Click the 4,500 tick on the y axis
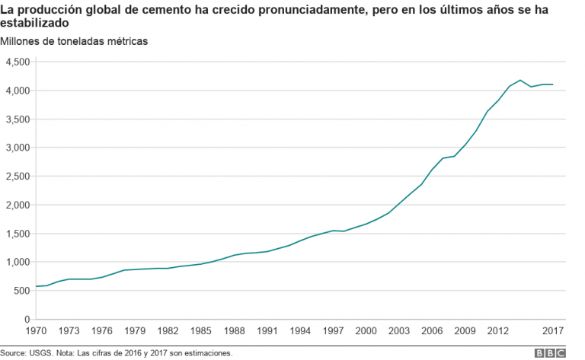pyautogui.click(x=17, y=62)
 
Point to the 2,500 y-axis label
pyautogui.click(x=17, y=177)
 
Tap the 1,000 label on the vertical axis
pyautogui.click(x=17, y=263)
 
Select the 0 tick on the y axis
pyautogui.click(x=27, y=320)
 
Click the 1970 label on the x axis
pyautogui.click(x=36, y=331)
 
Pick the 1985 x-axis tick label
pyautogui.click(x=202, y=331)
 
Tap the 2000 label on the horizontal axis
pyautogui.click(x=367, y=331)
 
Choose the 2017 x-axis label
pyautogui.click(x=554, y=331)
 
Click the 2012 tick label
pyautogui.click(x=499, y=331)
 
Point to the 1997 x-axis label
pyautogui.click(x=334, y=331)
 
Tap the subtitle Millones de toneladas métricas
pyautogui.click(x=75, y=41)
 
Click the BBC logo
pyautogui.click(x=550, y=353)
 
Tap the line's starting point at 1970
pyautogui.click(x=36, y=287)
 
